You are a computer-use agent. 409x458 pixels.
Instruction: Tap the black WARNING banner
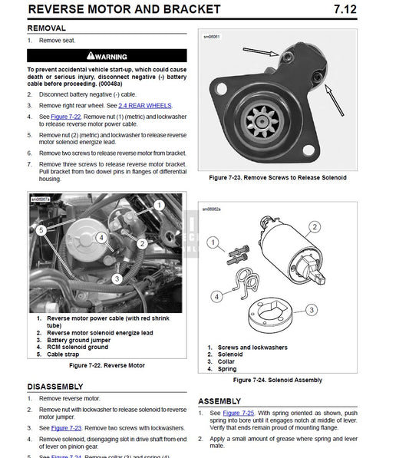(107, 56)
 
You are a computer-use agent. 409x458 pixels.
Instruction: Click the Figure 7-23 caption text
(277, 177)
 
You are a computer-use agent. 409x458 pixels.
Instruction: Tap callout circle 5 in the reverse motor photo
(41, 229)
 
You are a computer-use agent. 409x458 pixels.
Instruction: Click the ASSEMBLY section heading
(224, 401)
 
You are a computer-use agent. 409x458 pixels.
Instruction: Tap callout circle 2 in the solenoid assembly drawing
(314, 227)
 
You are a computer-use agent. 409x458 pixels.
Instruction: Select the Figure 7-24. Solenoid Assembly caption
(277, 380)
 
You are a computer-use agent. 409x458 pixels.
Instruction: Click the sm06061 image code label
(212, 36)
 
